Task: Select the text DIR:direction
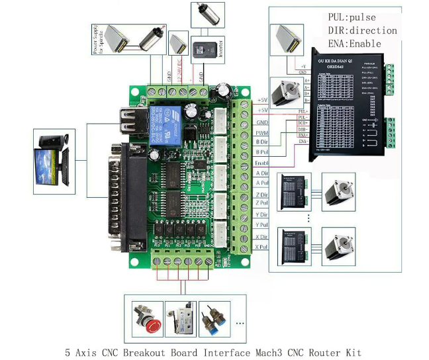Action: click(x=362, y=30)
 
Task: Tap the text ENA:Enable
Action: click(x=355, y=44)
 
